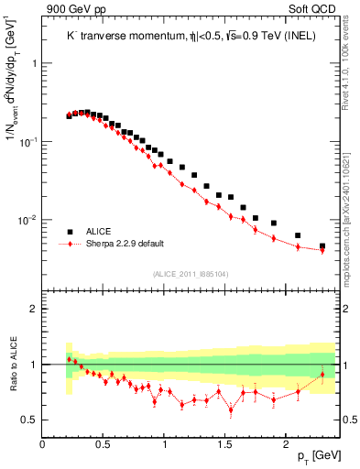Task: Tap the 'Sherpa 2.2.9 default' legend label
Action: coord(125,244)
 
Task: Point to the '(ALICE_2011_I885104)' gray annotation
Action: coord(191,272)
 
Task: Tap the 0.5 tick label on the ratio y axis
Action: coord(28,420)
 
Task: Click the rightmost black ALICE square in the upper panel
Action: coord(322,245)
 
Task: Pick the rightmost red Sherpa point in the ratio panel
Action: coord(322,375)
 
